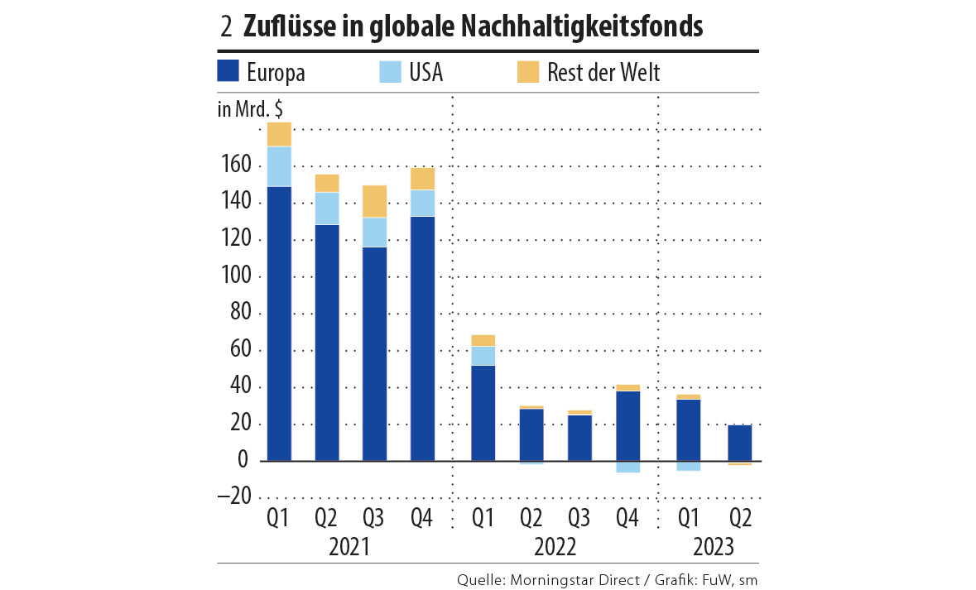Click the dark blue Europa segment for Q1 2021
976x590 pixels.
click(x=279, y=323)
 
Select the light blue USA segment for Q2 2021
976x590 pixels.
click(x=327, y=209)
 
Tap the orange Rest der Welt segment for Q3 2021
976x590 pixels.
click(x=375, y=202)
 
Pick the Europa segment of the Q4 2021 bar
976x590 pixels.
click(x=422, y=338)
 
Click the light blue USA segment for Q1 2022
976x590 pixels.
click(x=483, y=356)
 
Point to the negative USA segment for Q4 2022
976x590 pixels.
click(x=627, y=467)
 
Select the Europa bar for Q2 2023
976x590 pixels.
click(x=739, y=443)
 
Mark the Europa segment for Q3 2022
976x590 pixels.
click(x=579, y=438)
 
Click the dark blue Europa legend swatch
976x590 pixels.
click(x=228, y=71)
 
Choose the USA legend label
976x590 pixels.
click(x=425, y=72)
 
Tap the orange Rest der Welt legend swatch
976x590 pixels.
click(x=527, y=71)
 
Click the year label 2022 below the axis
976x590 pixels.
click(x=555, y=547)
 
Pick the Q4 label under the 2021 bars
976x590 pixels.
click(x=421, y=519)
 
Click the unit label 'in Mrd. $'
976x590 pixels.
click(x=249, y=109)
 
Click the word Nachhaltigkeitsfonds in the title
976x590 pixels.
click(x=565, y=26)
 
